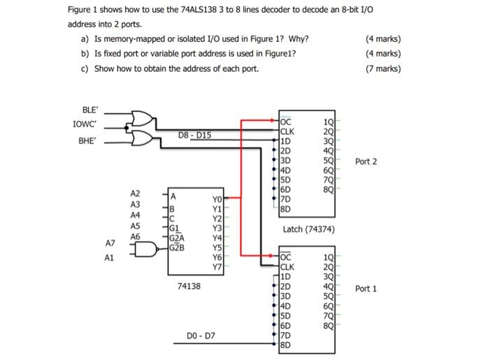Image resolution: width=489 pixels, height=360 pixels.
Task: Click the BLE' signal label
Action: [91, 109]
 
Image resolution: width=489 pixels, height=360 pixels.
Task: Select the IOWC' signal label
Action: [85, 124]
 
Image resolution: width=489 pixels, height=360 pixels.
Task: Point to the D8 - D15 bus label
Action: [194, 134]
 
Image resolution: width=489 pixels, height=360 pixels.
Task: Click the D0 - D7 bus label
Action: [201, 336]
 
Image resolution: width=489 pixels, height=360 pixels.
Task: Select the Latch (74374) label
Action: [309, 229]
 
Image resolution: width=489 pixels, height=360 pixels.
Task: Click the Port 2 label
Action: [366, 161]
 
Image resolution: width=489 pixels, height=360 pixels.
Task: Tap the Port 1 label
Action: [366, 288]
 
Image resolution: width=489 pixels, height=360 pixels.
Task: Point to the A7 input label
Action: [110, 243]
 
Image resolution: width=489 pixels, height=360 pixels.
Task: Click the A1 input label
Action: [110, 258]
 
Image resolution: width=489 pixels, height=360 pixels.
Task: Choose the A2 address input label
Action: [135, 193]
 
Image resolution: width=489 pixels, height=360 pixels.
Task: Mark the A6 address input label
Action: [135, 237]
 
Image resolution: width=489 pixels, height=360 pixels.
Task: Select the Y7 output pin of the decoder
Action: [217, 266]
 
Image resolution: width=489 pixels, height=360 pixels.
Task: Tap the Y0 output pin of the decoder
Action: [217, 199]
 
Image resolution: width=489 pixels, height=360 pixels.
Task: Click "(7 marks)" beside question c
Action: [384, 69]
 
